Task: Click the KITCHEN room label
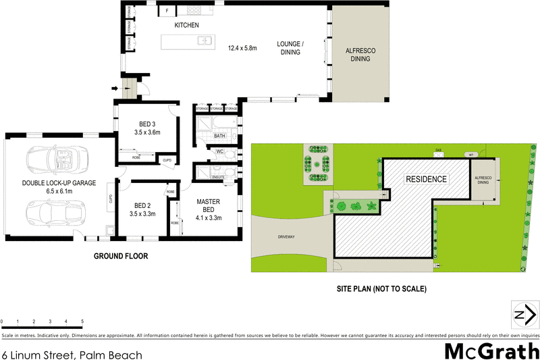click(x=187, y=25)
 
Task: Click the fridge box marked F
click(x=166, y=11)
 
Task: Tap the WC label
click(x=220, y=152)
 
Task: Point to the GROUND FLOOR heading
click(x=121, y=256)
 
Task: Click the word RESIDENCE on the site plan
click(x=426, y=179)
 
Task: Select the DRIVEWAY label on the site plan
click(x=288, y=237)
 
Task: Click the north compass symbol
click(x=524, y=314)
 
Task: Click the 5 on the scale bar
click(x=82, y=321)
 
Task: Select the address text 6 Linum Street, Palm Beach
click(x=72, y=353)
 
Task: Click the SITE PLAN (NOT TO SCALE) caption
click(x=382, y=288)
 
